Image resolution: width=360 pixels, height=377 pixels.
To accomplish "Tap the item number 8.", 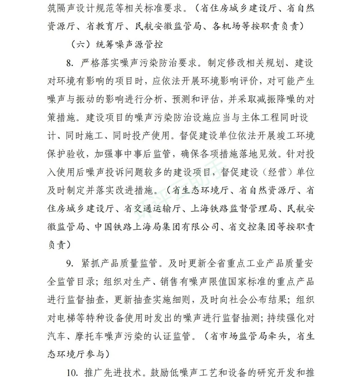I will pyautogui.click(x=70, y=63).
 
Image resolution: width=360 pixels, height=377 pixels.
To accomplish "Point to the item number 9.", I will pyautogui.click(x=70, y=264).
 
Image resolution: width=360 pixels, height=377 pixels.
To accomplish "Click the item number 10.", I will pyautogui.click(x=72, y=372).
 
